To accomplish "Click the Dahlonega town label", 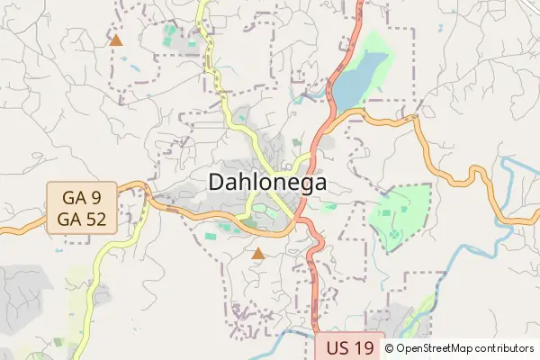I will [x=267, y=182].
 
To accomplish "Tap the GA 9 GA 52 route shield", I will [x=83, y=208].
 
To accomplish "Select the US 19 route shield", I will [x=350, y=347].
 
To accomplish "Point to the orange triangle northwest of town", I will [x=115, y=40].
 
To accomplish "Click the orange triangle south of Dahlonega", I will [x=258, y=254].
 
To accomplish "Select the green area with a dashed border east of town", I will [x=400, y=216].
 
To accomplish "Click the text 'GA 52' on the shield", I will [x=83, y=219].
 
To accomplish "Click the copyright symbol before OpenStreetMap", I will [x=391, y=347].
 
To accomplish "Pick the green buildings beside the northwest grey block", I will [x=170, y=36].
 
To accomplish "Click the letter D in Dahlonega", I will [x=218, y=182].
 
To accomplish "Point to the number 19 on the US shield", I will [x=363, y=347].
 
